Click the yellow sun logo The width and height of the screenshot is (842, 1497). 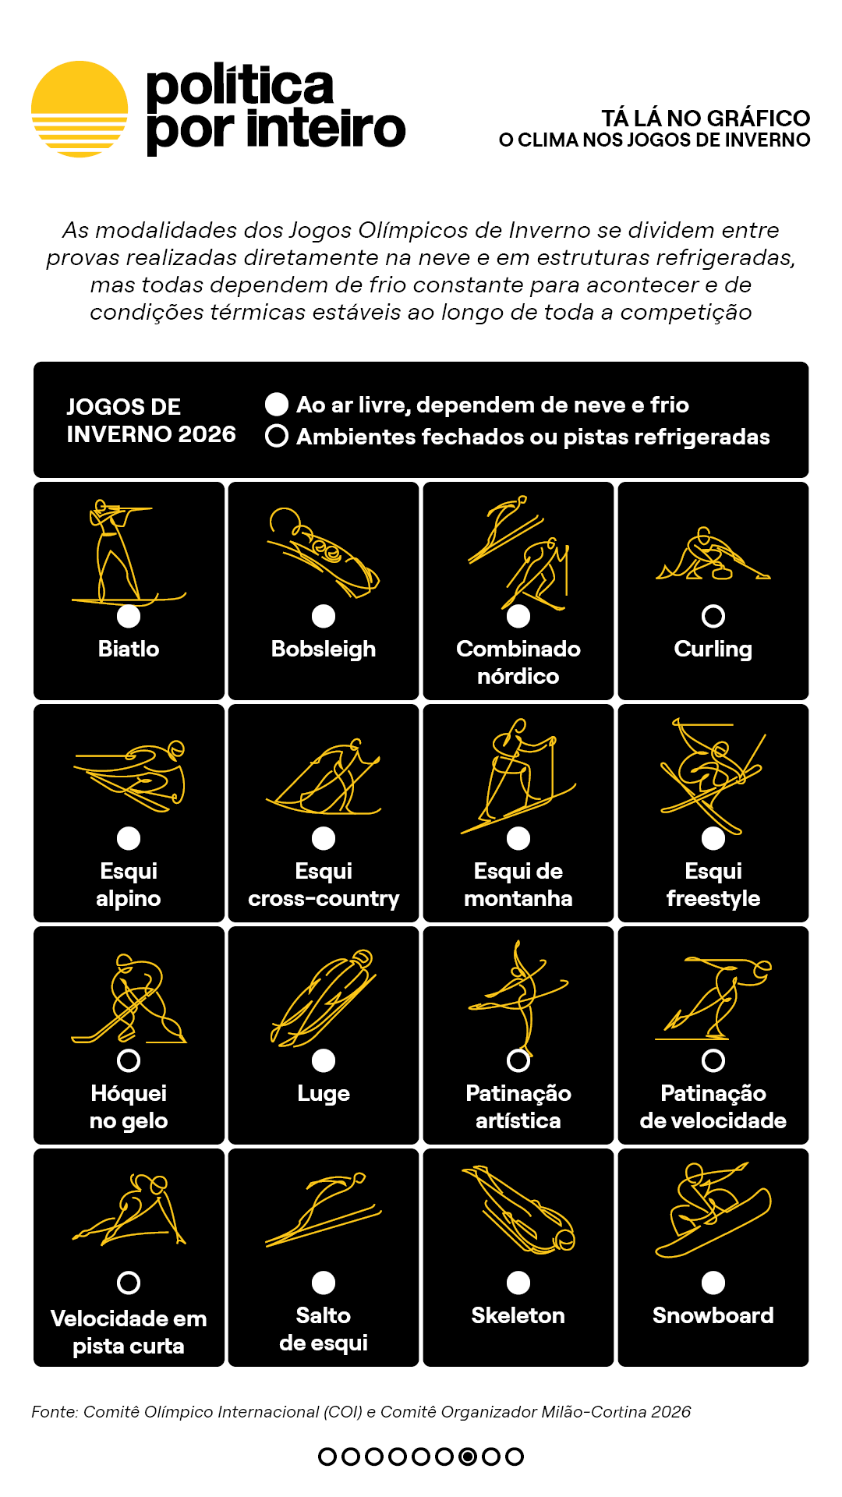(80, 109)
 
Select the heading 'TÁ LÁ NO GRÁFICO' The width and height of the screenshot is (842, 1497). (706, 119)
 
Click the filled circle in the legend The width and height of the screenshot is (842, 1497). (277, 404)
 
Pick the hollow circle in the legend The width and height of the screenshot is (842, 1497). (277, 436)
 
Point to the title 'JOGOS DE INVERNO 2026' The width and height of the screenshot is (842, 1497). (150, 420)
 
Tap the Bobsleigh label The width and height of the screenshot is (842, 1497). (324, 649)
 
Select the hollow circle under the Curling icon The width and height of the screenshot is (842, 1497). (713, 616)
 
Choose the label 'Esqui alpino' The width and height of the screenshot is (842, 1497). (129, 885)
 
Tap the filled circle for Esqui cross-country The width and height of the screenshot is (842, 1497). (324, 838)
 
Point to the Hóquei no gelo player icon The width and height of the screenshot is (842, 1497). (129, 998)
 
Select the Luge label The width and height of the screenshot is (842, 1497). (324, 1093)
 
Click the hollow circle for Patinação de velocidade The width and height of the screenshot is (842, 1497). (713, 1060)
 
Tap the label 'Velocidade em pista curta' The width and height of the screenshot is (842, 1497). (129, 1332)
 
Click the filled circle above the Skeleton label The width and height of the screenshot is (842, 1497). (518, 1283)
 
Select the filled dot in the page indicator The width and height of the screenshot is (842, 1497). (468, 1456)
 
